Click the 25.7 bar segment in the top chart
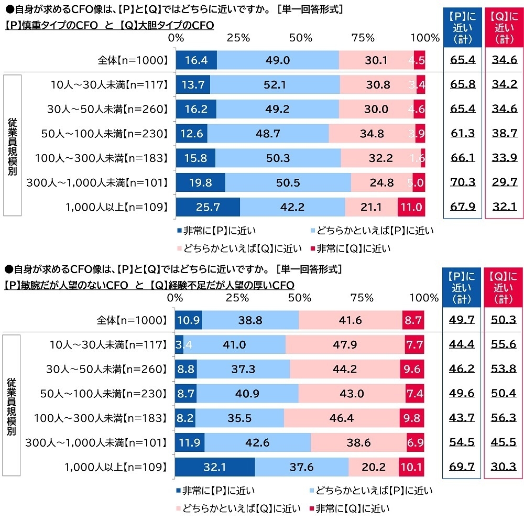[x=208, y=207]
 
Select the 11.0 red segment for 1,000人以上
[x=411, y=207]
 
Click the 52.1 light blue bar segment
[x=275, y=84]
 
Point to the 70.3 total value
[x=462, y=182]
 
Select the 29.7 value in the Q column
[x=504, y=182]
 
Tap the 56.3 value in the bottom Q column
[x=504, y=418]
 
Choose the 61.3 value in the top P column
[x=462, y=134]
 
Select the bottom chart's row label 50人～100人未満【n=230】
[x=104, y=394]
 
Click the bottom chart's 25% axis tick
[x=237, y=298]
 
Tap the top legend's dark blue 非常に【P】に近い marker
[x=179, y=230]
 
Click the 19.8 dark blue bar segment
[x=200, y=182]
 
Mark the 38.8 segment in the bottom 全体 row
[x=250, y=320]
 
